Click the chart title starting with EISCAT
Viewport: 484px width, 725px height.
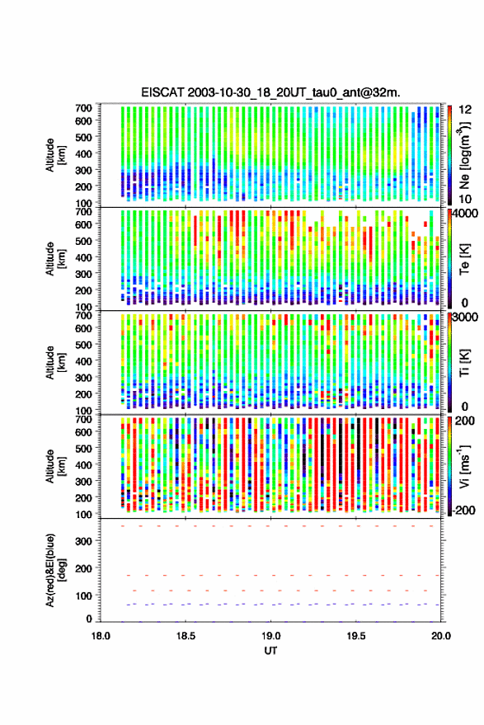coord(270,92)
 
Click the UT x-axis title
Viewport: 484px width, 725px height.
coord(270,651)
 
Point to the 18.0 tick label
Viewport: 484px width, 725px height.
coord(101,636)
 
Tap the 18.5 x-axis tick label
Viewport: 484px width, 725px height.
coord(186,636)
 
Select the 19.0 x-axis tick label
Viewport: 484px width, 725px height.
coord(270,636)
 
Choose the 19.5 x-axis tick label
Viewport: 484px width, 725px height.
coord(356,636)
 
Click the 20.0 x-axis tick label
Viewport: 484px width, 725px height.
coord(441,636)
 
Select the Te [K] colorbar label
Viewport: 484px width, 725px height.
coord(464,259)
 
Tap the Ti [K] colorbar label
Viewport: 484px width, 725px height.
coord(464,363)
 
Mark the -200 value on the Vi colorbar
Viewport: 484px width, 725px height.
coord(463,511)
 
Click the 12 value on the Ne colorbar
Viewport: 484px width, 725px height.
coord(465,110)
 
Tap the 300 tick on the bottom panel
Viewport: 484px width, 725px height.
coord(83,541)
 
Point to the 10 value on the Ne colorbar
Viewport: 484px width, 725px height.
coord(465,199)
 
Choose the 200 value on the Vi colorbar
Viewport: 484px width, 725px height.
coord(464,421)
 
